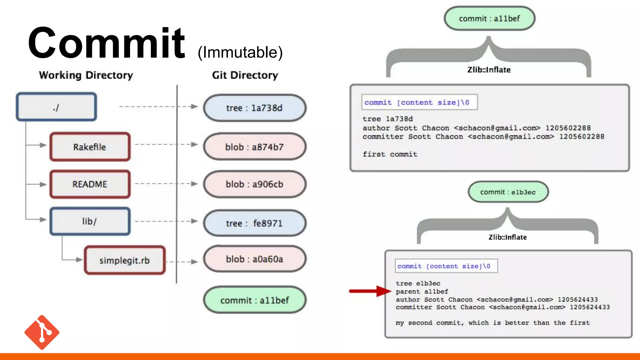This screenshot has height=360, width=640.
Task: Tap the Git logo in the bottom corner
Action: pyautogui.click(x=42, y=332)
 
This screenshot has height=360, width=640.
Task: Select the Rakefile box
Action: pyautogui.click(x=90, y=147)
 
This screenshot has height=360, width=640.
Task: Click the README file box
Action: pyautogui.click(x=90, y=184)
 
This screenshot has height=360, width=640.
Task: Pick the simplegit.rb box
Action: pyautogui.click(x=124, y=260)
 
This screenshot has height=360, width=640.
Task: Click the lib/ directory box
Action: pyautogui.click(x=90, y=221)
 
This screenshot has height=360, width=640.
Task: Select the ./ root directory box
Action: pyautogui.click(x=56, y=107)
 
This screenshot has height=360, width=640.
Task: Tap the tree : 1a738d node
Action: pyautogui.click(x=254, y=108)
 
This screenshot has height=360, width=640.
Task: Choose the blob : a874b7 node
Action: pyautogui.click(x=254, y=147)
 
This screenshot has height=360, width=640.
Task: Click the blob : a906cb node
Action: pyautogui.click(x=254, y=184)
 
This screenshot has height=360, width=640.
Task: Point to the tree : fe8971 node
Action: pyautogui.click(x=254, y=223)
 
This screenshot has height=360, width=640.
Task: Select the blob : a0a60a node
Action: pyautogui.click(x=254, y=259)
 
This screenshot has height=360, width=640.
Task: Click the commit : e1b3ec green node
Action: pyautogui.click(x=508, y=192)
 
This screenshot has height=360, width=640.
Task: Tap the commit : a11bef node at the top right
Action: pyautogui.click(x=489, y=19)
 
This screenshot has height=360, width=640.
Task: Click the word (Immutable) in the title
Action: pyautogui.click(x=240, y=52)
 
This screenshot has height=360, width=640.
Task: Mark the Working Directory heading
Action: pyautogui.click(x=86, y=75)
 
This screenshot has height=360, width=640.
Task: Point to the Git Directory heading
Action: pyautogui.click(x=245, y=75)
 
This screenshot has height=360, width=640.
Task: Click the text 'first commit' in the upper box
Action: pyautogui.click(x=390, y=154)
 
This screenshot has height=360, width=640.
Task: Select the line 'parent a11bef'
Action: pyautogui.click(x=422, y=292)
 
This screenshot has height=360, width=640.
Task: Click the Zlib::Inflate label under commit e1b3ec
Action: pyautogui.click(x=507, y=237)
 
